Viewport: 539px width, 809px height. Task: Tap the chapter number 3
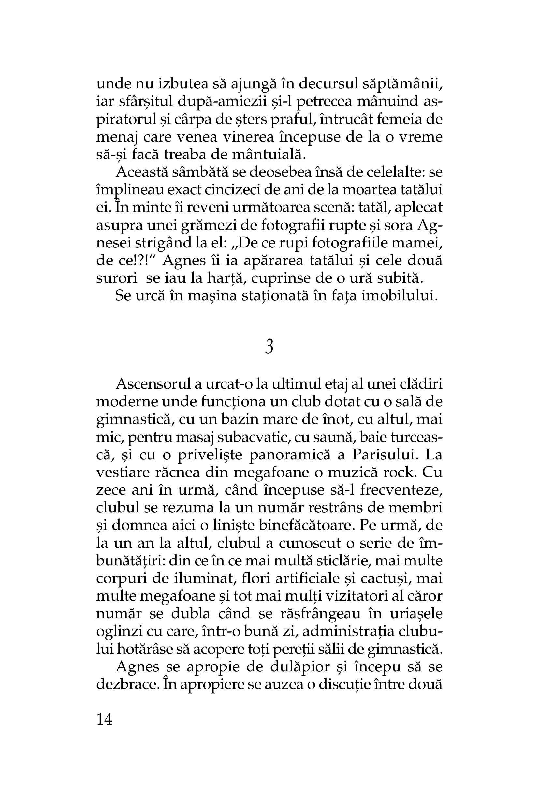point(269,347)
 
